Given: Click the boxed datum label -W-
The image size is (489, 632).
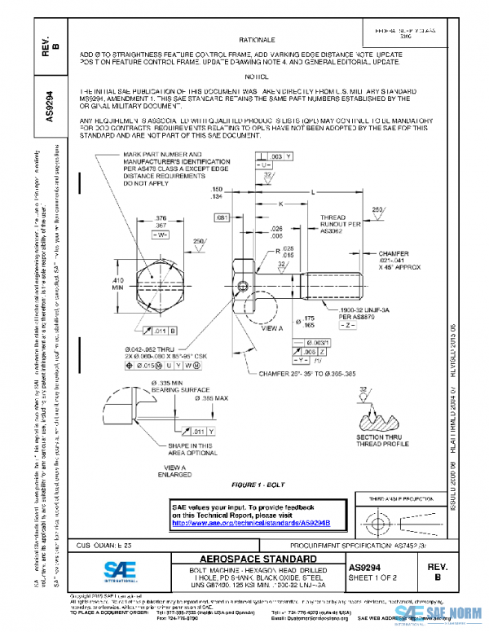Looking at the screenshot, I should coord(160,234).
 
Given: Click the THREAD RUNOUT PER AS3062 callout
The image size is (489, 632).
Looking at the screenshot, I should coord(333,224).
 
